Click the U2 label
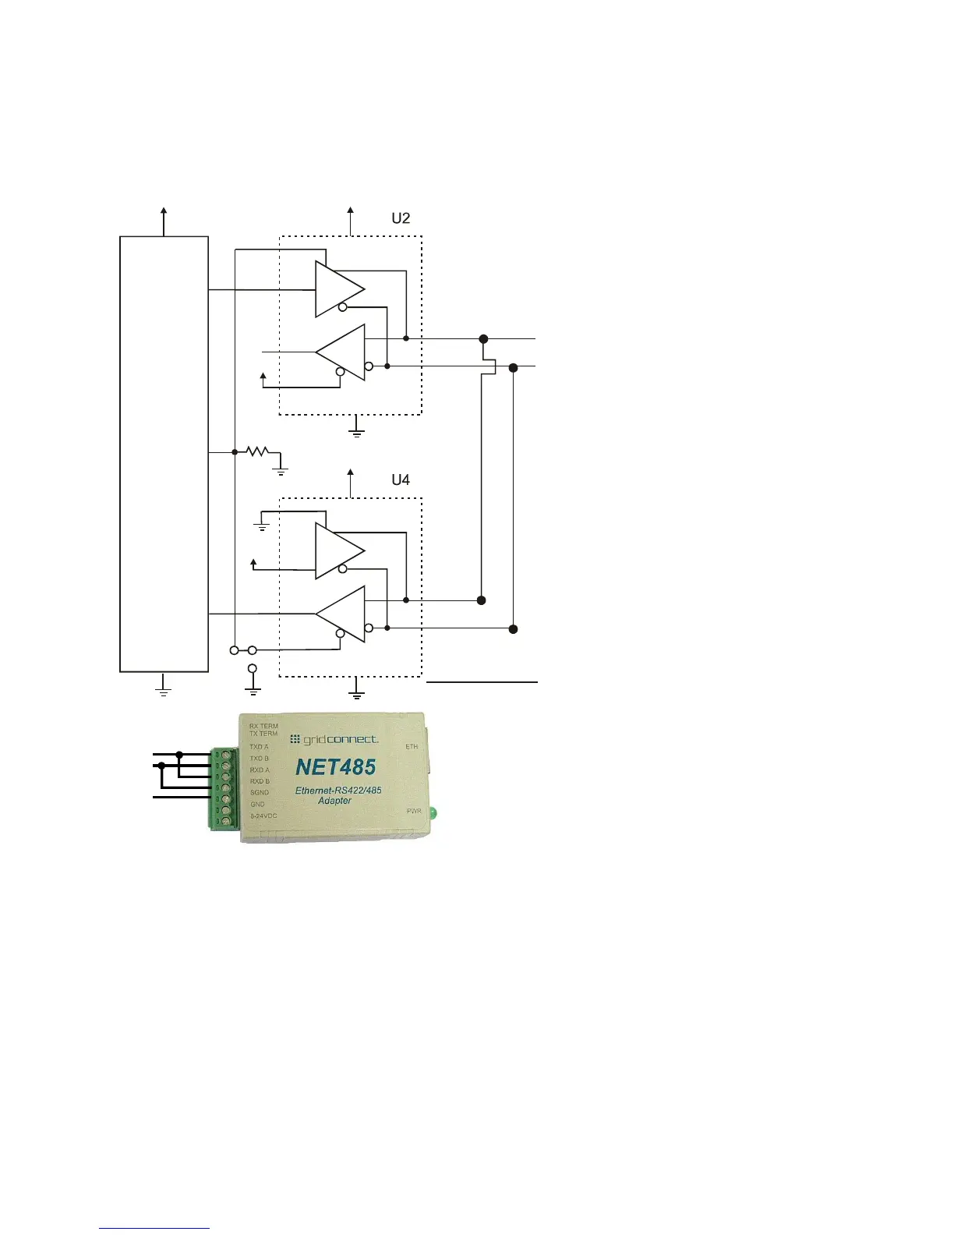(x=401, y=218)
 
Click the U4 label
(x=401, y=480)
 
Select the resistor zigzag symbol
(x=256, y=451)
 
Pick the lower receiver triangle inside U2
(x=344, y=352)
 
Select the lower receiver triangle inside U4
(x=344, y=614)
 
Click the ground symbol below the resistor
(x=281, y=470)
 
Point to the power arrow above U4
(x=351, y=474)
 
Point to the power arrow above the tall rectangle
(x=164, y=212)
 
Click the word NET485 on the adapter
(x=336, y=767)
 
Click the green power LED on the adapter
(x=434, y=813)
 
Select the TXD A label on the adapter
(x=259, y=747)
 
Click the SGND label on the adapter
(x=260, y=792)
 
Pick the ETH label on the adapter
(x=412, y=747)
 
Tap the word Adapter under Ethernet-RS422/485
(x=334, y=801)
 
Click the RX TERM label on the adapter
(x=263, y=726)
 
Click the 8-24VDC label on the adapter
(x=263, y=816)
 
